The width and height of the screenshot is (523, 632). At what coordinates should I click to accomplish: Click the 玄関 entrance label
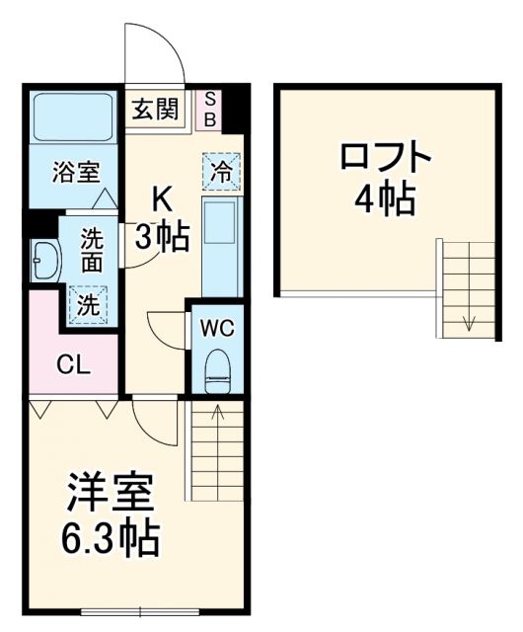[x=154, y=109]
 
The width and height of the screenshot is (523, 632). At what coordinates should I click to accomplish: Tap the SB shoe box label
[x=210, y=109]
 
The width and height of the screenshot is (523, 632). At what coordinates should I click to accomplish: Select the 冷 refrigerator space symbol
[x=222, y=170]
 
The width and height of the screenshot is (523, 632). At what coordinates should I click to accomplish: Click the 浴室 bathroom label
[x=76, y=171]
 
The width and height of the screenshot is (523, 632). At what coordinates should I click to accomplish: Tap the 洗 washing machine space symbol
[x=88, y=303]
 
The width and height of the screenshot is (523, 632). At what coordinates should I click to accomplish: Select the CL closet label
[x=72, y=365]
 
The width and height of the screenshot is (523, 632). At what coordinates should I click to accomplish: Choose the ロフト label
[x=385, y=158]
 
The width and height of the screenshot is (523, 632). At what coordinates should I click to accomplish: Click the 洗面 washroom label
[x=91, y=250]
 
